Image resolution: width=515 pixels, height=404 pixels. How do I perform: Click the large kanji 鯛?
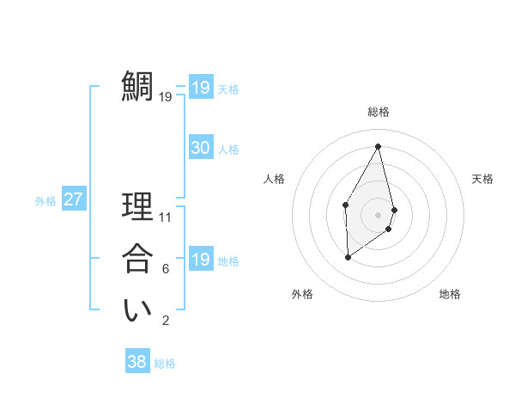coord(137,86)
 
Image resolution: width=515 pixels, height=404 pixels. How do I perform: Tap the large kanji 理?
coord(137,207)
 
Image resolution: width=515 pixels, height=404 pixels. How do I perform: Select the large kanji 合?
coord(137,259)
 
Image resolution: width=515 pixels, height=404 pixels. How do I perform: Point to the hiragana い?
coord(137,311)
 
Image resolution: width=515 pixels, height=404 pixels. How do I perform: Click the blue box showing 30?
coord(200,148)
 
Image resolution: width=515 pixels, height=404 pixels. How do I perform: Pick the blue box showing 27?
coord(73,199)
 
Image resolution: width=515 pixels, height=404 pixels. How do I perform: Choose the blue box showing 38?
coord(136,362)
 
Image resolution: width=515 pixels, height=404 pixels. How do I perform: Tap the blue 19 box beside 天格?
coord(200,88)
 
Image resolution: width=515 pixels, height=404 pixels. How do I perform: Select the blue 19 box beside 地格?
coord(200,260)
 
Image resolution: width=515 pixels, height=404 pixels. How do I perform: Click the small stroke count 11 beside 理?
coord(166,217)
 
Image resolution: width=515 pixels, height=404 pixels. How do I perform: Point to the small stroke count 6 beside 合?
coord(166,269)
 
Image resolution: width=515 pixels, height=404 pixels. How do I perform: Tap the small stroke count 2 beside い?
coord(166,321)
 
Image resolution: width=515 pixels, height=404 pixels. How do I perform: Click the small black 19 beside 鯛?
coord(166,97)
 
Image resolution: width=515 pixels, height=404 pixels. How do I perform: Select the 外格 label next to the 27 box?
coord(45,201)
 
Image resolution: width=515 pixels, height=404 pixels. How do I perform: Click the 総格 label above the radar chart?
coord(378,112)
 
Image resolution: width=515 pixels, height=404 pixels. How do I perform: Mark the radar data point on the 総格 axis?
coord(378,145)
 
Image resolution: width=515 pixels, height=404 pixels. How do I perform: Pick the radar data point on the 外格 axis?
coord(348,257)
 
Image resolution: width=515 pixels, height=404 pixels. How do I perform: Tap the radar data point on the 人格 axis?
coord(345,204)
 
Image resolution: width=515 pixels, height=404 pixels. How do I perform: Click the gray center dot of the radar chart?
coord(378,214)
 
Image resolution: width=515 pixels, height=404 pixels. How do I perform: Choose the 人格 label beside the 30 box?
coord(228,150)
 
